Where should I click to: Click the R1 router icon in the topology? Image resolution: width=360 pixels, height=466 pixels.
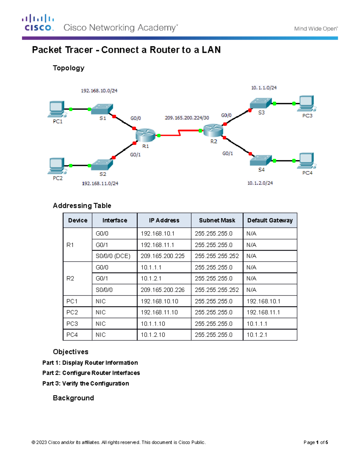pos(145,135)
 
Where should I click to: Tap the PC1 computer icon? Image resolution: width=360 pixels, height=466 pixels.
pos(56,109)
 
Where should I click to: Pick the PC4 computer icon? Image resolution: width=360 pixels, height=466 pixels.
pos(307,161)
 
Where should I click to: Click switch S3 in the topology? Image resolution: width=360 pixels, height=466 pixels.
pos(261,103)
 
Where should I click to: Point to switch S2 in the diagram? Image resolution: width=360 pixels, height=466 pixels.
pos(102,165)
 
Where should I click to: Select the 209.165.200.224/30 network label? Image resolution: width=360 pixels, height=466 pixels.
pos(187,118)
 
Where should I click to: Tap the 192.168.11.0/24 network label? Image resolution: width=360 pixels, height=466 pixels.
pos(100,183)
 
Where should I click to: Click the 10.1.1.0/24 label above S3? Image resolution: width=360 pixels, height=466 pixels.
pos(264,88)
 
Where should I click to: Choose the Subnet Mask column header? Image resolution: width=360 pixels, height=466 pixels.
pos(217,220)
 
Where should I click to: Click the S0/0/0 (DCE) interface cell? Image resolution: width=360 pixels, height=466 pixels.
pos(113,256)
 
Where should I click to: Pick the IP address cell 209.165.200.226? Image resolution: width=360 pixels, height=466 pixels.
pos(163,290)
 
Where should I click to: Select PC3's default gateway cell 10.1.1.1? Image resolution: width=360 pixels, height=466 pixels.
pos(257,324)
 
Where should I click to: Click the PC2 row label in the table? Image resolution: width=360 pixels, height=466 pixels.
pos(72,312)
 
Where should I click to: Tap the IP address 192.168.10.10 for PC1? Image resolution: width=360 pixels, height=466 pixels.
pos(159,301)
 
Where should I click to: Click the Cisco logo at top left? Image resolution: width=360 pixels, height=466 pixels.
pos(38,23)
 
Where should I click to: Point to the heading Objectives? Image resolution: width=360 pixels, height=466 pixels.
pos(70,352)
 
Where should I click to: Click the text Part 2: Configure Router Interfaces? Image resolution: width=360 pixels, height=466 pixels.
pos(91,373)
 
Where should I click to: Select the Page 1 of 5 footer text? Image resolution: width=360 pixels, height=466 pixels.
pos(316,442)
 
